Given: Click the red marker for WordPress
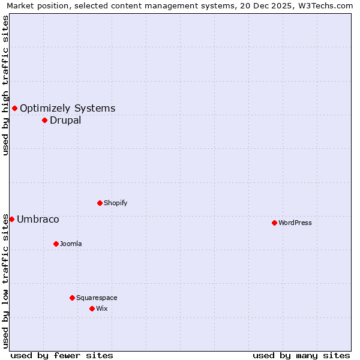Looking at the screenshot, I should (274, 223).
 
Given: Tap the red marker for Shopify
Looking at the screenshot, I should (100, 203).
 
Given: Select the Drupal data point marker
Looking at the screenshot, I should (44, 120).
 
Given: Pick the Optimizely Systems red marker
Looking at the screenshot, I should (14, 108).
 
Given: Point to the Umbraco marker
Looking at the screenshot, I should (11, 219).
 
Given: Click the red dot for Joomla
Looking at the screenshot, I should (56, 244).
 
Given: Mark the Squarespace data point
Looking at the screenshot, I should (72, 298).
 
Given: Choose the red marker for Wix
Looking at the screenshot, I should (92, 308).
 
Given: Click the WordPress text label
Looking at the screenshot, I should (295, 223).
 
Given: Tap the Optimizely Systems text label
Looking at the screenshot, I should (68, 109).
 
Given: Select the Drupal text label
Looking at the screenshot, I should (65, 121).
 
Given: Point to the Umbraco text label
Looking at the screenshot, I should (38, 220).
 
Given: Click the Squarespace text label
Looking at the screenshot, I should (97, 298).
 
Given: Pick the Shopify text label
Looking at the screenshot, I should (116, 203).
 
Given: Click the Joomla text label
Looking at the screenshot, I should (71, 244).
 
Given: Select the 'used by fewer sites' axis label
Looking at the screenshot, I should (62, 355).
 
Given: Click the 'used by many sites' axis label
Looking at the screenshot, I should (301, 355).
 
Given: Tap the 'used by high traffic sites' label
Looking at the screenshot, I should (5, 85).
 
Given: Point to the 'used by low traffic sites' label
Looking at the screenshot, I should (5, 281).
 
